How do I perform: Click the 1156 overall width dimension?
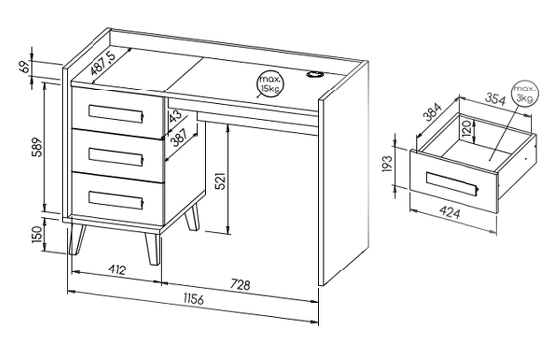tap(194, 299)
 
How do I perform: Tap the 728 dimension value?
tap(241, 285)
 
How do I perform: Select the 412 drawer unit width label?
tap(116, 270)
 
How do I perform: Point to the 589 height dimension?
tap(37, 147)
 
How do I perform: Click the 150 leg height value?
tap(37, 234)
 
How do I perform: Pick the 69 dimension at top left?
tap(24, 67)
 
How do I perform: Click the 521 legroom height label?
tap(221, 181)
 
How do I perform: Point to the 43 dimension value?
tap(175, 116)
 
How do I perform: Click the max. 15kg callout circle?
tap(270, 85)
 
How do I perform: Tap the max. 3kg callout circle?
tap(525, 93)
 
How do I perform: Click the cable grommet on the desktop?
tap(315, 74)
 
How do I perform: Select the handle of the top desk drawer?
tap(115, 114)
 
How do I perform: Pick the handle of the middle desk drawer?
tap(115, 156)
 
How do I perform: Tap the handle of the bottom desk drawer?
tap(115, 200)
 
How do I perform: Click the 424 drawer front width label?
tap(450, 213)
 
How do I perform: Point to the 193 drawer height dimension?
tap(387, 164)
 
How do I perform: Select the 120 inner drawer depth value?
tap(466, 129)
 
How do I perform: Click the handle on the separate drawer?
tap(452, 183)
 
